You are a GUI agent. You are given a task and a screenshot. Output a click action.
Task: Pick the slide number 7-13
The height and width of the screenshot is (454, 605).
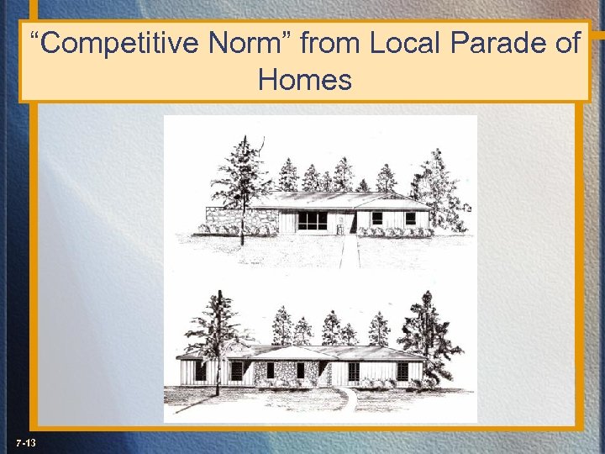tap(25, 442)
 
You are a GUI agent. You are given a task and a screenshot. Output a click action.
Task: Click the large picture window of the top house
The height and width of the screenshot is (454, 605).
tap(312, 221)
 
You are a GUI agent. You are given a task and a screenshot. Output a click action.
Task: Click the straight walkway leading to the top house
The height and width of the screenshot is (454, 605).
tap(350, 251)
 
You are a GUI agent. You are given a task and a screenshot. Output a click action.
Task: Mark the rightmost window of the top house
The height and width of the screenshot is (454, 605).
tap(410, 219)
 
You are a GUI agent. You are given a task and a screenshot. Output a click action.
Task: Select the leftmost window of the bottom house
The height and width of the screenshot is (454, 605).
tap(201, 371)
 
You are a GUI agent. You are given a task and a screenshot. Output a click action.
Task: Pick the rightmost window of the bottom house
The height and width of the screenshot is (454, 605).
tap(402, 371)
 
